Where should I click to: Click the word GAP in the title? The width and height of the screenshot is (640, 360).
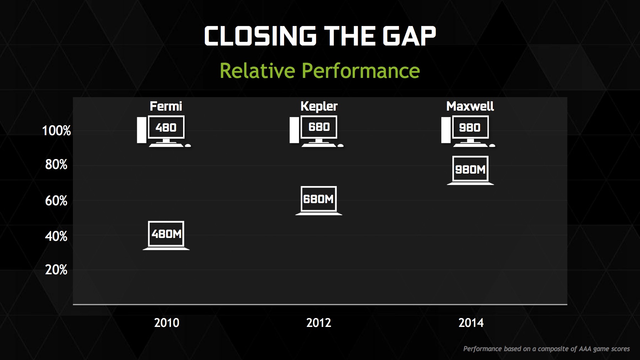coord(409,36)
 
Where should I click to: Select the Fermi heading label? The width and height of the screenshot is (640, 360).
coord(166,106)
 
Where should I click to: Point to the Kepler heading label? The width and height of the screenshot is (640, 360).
coord(319,106)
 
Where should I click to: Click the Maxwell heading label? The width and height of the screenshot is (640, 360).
coord(470,106)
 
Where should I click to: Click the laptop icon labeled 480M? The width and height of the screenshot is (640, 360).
coord(166,235)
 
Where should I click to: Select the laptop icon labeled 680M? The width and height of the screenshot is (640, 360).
coord(319,201)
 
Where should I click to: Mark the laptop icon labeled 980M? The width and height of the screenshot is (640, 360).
coord(470,170)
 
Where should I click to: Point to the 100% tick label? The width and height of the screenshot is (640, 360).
coord(57,131)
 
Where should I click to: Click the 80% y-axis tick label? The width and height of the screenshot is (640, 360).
coord(56,164)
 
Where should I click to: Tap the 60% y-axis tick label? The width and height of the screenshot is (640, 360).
coord(56,201)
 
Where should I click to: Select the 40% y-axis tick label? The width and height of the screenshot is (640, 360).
coord(56,236)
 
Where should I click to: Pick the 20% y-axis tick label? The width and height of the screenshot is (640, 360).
coord(56,270)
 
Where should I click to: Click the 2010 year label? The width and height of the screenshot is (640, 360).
coord(166,323)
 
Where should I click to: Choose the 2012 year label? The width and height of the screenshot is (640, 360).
coord(319,323)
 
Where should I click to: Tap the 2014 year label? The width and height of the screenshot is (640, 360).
coord(471,323)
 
